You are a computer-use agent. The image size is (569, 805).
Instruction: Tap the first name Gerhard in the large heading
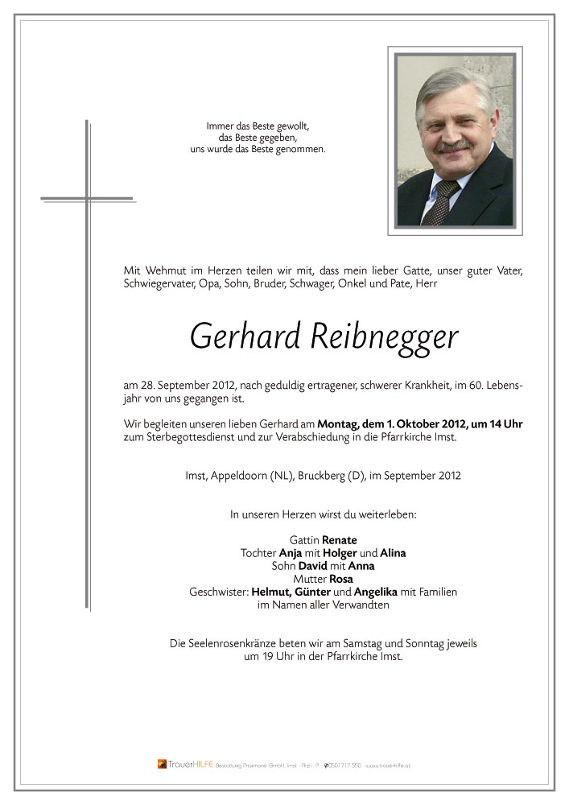coord(245,336)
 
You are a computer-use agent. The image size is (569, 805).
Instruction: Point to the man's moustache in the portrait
coord(456,147)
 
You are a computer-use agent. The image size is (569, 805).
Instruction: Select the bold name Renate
coord(340,540)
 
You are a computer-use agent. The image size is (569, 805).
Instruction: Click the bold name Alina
coord(394,553)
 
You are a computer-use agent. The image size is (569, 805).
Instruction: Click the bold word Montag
coord(338,424)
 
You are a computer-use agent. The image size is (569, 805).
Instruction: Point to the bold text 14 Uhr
coord(505,424)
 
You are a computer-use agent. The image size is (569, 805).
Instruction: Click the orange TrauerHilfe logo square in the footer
coord(162,764)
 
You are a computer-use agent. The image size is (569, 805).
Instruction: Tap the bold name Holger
coord(340,553)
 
